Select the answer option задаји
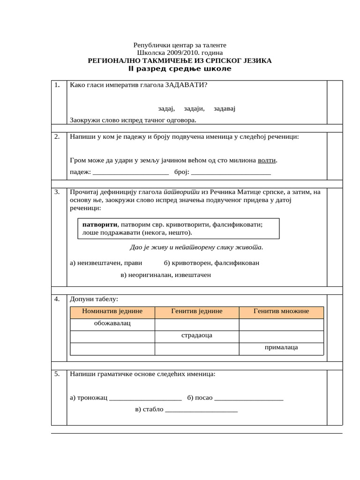pyautogui.click(x=194, y=108)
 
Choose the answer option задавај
pyautogui.click(x=225, y=108)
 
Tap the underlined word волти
pyautogui.click(x=267, y=160)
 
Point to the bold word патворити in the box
pyautogui.click(x=99, y=225)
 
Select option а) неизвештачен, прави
pyautogui.click(x=106, y=263)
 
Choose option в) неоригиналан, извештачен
pyautogui.click(x=166, y=275)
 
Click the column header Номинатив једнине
pyautogui.click(x=112, y=311)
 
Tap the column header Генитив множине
pyautogui.click(x=281, y=311)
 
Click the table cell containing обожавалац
pyautogui.click(x=112, y=323)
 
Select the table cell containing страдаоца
pyautogui.click(x=197, y=336)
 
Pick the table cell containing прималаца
pyautogui.click(x=281, y=348)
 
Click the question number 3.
pyautogui.click(x=57, y=192)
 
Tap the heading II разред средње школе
pyautogui.click(x=180, y=69)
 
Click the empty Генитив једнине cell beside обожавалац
pyautogui.click(x=197, y=324)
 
